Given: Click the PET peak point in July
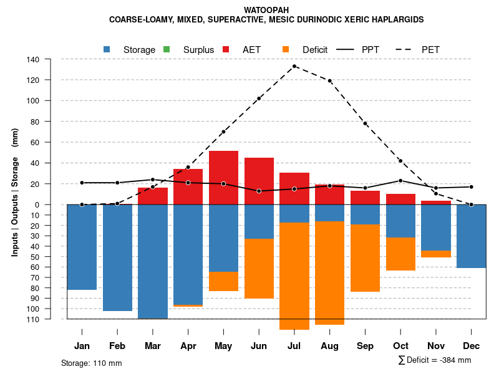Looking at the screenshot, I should point(294,66).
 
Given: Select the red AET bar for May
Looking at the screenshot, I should point(223,178).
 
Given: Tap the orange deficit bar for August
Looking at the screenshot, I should point(330,273).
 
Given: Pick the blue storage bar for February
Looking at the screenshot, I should point(117,257).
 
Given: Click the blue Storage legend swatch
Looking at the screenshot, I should point(107,49).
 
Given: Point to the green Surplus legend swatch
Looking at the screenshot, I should point(167,49).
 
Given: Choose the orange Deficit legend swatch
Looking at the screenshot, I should point(286,49).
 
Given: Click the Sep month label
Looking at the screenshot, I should point(365,346).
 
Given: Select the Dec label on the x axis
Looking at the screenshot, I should point(472,346).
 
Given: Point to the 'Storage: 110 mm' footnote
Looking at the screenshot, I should point(91,363).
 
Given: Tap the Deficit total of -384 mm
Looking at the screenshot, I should point(435,360).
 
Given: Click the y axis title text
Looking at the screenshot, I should point(15,189).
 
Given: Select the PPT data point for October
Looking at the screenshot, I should point(401,181).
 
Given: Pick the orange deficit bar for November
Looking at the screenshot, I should point(436,254).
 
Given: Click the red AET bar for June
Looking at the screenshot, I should point(259,181).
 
